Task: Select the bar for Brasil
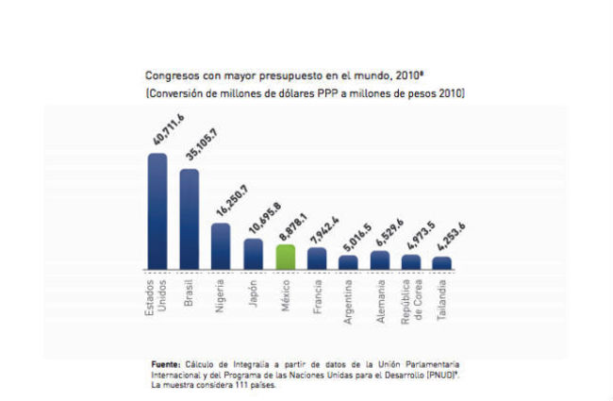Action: click(x=190, y=219)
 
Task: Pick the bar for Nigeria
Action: click(x=221, y=245)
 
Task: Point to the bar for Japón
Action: click(x=253, y=254)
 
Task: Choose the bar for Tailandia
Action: click(x=442, y=262)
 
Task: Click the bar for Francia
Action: click(x=316, y=258)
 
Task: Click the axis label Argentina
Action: click(x=348, y=300)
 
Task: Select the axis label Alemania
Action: click(x=379, y=300)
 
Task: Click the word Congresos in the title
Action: click(x=170, y=75)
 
